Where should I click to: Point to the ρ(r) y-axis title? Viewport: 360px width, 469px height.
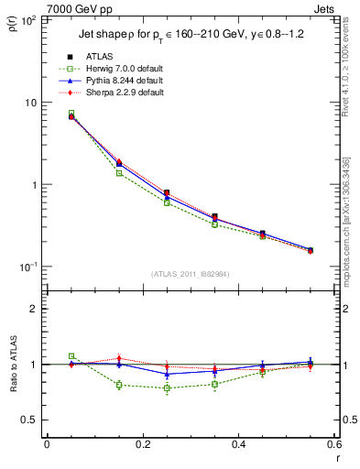coord(12,20)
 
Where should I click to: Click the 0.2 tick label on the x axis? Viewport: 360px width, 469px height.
coord(142,444)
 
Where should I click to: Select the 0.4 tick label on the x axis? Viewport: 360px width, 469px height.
coord(238,444)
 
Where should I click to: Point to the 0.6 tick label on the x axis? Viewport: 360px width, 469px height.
coord(333,444)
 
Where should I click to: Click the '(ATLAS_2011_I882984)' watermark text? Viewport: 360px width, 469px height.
coord(191,274)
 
